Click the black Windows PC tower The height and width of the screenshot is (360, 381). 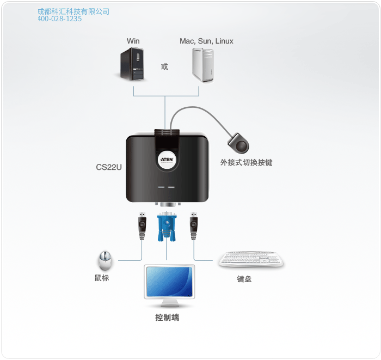(x=133, y=65)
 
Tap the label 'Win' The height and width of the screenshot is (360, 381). (x=133, y=41)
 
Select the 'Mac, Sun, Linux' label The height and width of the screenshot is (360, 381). (x=206, y=41)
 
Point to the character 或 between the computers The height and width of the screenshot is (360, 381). (x=164, y=66)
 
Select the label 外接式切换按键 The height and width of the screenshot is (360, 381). (x=246, y=162)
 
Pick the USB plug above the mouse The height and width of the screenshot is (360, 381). (x=142, y=226)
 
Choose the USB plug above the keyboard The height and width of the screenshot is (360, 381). (x=193, y=226)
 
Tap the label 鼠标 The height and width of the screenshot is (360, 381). (x=102, y=278)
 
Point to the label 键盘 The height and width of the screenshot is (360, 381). (x=244, y=279)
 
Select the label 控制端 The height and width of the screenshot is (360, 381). (x=167, y=318)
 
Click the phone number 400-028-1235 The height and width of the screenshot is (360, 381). (x=60, y=19)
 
